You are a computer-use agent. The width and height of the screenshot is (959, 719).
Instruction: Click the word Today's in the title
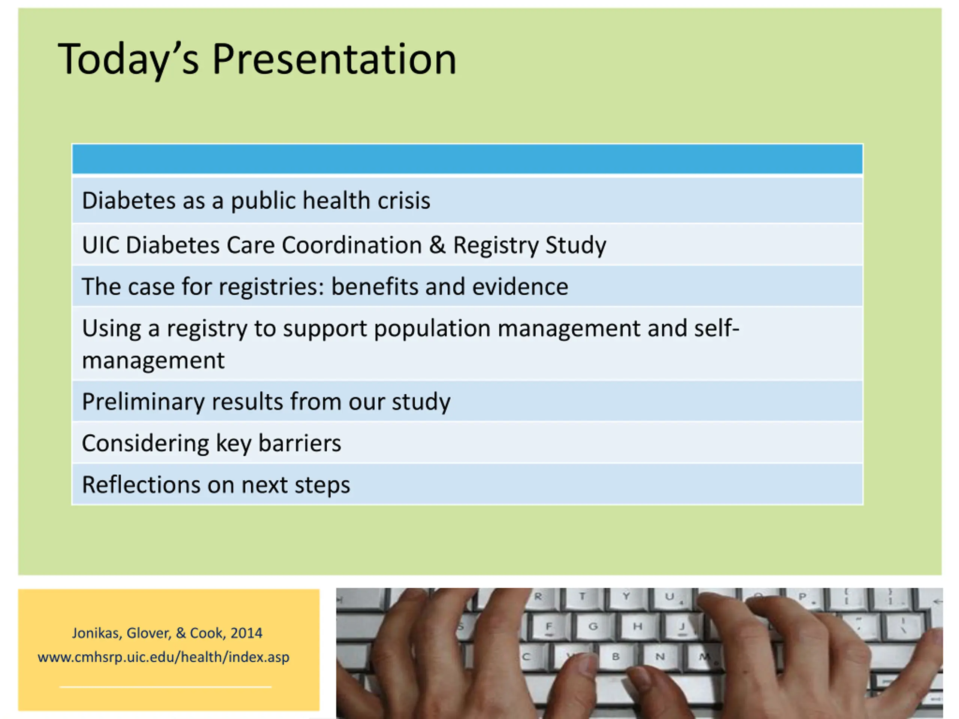pos(128,60)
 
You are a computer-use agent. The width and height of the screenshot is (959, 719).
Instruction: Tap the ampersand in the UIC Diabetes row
pos(437,245)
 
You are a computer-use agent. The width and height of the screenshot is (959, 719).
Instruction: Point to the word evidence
pos(520,286)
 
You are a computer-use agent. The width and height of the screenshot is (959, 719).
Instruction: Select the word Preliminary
pos(143,402)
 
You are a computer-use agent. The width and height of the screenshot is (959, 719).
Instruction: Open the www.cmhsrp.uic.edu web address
pos(163,658)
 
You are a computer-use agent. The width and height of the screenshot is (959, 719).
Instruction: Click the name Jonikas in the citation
pos(96,634)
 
